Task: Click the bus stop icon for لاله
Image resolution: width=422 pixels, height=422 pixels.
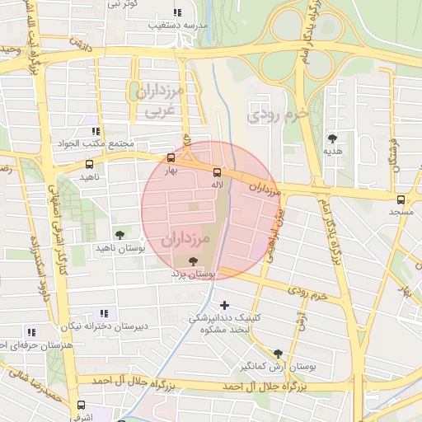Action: click(218, 172)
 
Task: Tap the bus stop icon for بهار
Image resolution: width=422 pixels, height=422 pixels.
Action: click(171, 157)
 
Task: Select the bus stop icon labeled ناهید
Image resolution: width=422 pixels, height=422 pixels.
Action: click(89, 164)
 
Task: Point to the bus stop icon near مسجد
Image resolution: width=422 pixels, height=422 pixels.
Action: click(401, 199)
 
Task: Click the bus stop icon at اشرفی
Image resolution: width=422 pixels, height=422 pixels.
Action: click(81, 405)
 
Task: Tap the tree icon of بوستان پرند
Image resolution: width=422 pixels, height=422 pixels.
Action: click(193, 260)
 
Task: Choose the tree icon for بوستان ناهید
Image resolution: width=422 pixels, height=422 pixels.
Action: click(120, 235)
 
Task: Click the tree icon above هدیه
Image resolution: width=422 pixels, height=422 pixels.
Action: click(333, 138)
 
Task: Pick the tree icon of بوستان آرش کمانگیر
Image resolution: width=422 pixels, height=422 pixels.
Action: click(278, 352)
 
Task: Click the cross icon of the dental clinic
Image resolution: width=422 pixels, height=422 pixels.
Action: click(224, 305)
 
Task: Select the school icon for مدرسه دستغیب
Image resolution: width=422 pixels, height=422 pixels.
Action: click(177, 12)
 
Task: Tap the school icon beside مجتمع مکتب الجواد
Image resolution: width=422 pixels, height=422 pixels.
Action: click(96, 130)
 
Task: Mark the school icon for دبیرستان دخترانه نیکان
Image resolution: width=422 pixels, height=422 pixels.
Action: click(104, 313)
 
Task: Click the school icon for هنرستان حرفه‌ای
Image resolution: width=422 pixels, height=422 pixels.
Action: click(32, 332)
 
